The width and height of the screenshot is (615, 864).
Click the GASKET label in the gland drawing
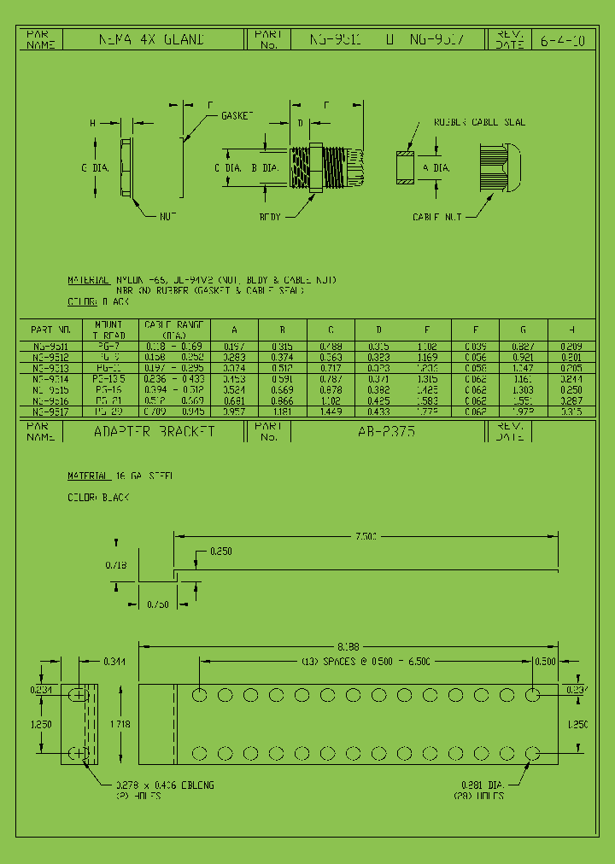237,115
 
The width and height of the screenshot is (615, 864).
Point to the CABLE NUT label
436,217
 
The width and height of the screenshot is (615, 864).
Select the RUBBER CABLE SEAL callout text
479,122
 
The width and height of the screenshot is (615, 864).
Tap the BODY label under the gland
270,217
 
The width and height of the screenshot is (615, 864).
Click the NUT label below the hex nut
167,217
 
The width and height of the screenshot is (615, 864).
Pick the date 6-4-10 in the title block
562,39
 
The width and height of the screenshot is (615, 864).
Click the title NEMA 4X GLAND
152,39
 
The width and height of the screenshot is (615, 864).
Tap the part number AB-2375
387,432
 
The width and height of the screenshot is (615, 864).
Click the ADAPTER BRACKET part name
154,432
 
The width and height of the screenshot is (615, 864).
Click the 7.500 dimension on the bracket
366,536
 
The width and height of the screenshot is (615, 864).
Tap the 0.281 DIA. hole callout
478,786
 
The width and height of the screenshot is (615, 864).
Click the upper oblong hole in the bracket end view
79,696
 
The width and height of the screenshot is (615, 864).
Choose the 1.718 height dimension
120,724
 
